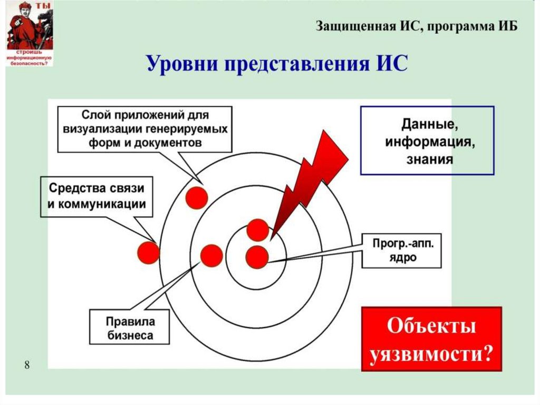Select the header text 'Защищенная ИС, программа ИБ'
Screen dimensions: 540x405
[x=417, y=26]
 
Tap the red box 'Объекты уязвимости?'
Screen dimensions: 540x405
[x=431, y=338]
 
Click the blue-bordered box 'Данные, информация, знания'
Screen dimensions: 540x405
[x=427, y=140]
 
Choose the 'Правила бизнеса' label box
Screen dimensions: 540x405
[x=130, y=327]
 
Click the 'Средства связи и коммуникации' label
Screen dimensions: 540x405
[x=97, y=196]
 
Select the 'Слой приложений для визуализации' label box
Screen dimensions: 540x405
[x=145, y=129]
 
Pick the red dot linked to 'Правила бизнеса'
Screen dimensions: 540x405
[x=211, y=256]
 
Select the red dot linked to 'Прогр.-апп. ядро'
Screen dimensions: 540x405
[x=257, y=257]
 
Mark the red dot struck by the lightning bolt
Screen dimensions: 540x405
[x=257, y=230]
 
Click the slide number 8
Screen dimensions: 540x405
[x=27, y=365]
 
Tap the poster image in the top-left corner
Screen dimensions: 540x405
[x=30, y=33]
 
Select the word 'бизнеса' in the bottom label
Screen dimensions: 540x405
[x=130, y=335]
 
